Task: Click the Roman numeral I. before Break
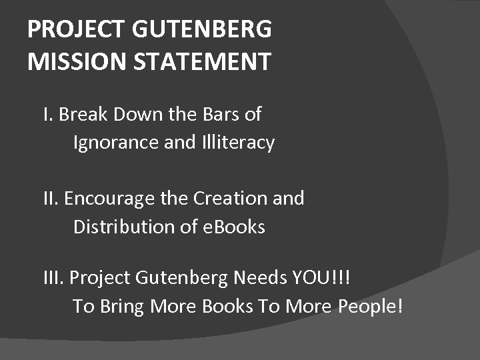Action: click(x=47, y=115)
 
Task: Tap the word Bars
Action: click(x=220, y=115)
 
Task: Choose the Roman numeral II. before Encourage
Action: click(x=51, y=199)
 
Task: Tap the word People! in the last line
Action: click(x=369, y=306)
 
